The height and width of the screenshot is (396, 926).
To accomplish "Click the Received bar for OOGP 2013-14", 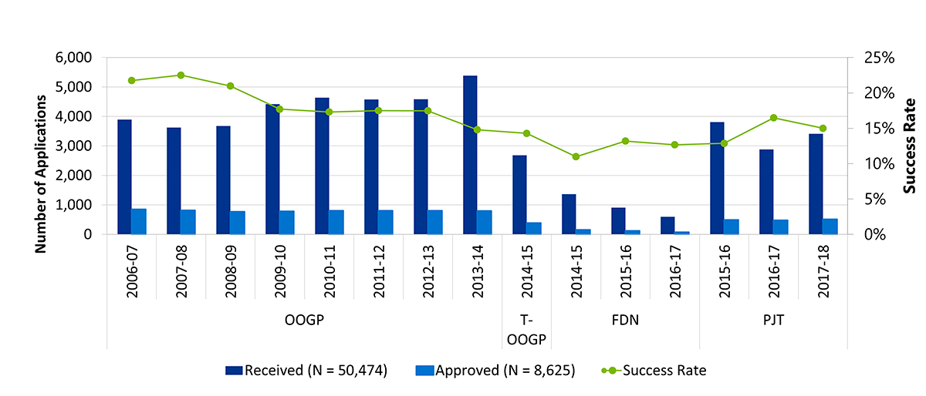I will click(x=470, y=155).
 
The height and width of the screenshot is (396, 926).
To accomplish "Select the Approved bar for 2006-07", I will click(x=139, y=221).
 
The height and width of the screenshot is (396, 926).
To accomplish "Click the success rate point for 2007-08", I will click(x=181, y=75).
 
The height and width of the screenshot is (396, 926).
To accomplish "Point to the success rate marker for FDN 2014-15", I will click(x=576, y=156).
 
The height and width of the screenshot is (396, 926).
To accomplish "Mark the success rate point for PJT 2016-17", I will click(x=773, y=118).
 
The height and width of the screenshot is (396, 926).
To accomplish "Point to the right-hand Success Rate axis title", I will click(x=911, y=146).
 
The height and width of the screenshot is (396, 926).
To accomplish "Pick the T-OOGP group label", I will click(x=526, y=331).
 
